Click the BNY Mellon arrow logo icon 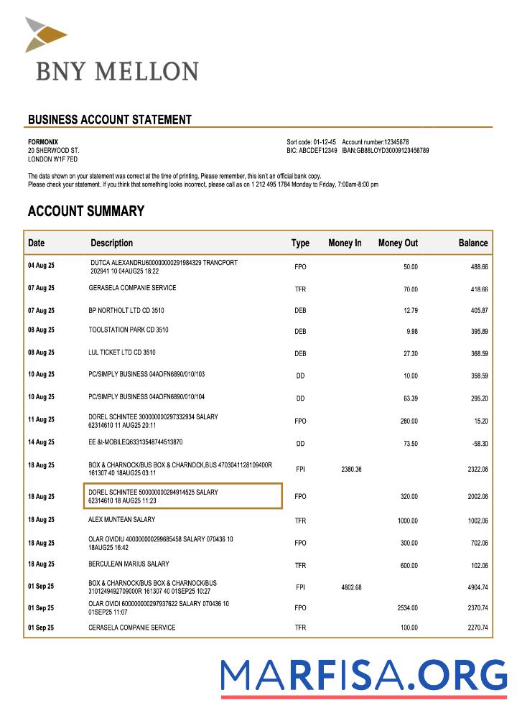click(45, 34)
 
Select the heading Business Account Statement click(109, 120)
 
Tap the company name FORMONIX click(43, 142)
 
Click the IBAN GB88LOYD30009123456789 click(385, 151)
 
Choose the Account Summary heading click(85, 211)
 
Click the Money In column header click(345, 243)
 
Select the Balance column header click(473, 243)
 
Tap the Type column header click(300, 243)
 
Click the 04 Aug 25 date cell click(41, 266)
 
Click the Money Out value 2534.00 click(407, 608)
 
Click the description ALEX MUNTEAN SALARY click(121, 519)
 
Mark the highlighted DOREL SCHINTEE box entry click(182, 496)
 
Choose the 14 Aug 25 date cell click(41, 443)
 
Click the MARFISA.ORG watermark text click(363, 676)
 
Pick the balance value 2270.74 click(475, 628)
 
